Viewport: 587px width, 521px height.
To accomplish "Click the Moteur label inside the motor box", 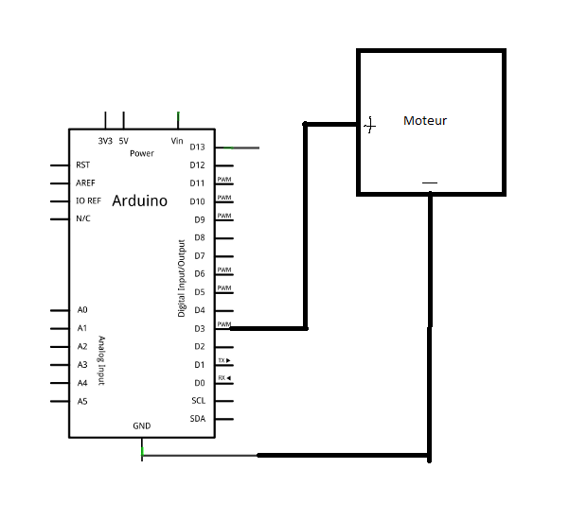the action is pyautogui.click(x=425, y=121).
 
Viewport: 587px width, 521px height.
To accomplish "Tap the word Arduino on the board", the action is pyautogui.click(x=139, y=200).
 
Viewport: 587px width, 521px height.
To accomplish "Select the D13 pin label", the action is pyautogui.click(x=197, y=147).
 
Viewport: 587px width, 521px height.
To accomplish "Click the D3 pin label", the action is pyautogui.click(x=200, y=329).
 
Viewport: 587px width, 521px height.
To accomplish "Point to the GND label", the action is pyautogui.click(x=142, y=426).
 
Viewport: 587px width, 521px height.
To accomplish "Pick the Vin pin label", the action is pyautogui.click(x=177, y=141).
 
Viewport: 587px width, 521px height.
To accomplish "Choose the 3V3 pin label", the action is pyautogui.click(x=105, y=141).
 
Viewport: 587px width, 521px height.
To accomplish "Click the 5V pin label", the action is pyautogui.click(x=123, y=141).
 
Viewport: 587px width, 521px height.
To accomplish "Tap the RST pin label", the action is pyautogui.click(x=82, y=165).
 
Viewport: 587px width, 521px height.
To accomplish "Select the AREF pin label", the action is pyautogui.click(x=85, y=182).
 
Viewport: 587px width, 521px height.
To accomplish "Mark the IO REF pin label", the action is pyautogui.click(x=88, y=200).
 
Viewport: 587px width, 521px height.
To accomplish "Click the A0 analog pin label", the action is pyautogui.click(x=82, y=310).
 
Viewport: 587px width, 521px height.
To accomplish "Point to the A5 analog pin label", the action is pyautogui.click(x=82, y=401).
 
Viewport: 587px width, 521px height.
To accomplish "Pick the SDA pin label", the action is pyautogui.click(x=198, y=419).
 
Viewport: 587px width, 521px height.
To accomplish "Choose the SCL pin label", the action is pyautogui.click(x=199, y=401).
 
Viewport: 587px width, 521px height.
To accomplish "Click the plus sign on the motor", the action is pyautogui.click(x=370, y=125).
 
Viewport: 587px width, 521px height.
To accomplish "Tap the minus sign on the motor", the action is pyautogui.click(x=430, y=182).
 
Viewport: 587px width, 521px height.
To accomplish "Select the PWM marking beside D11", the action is pyautogui.click(x=224, y=180).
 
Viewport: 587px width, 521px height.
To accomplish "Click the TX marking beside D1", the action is pyautogui.click(x=224, y=360).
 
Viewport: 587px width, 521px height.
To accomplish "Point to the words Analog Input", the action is pyautogui.click(x=101, y=360).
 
